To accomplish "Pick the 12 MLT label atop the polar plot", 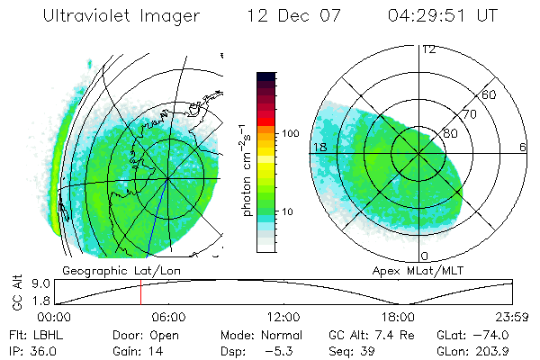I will pos(428,49).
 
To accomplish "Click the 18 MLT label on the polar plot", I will pos(319,146).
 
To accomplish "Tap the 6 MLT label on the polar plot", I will pos(523,146).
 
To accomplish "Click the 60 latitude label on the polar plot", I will pos(489,94).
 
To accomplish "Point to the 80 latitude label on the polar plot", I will pos(451,132).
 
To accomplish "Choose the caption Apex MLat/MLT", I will pos(418,270).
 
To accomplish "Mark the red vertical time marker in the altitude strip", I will pos(140,292).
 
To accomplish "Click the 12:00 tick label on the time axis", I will pos(283,317).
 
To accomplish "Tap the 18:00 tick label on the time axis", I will pos(398,317).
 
